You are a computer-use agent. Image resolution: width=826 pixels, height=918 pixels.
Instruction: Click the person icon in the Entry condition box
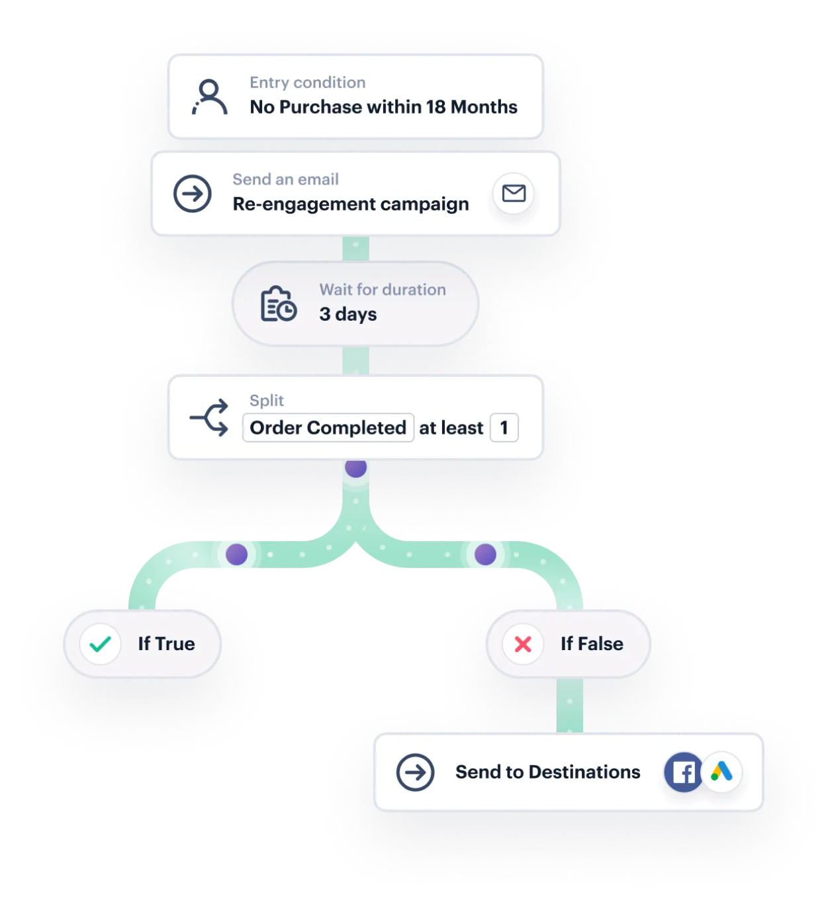[210, 97]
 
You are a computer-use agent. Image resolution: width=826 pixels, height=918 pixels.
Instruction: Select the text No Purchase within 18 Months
[383, 107]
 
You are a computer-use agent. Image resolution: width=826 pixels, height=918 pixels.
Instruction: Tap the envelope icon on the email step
[514, 193]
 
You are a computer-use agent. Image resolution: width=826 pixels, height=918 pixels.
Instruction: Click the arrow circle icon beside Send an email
[193, 194]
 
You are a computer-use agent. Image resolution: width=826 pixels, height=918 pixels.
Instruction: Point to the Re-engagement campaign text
[350, 204]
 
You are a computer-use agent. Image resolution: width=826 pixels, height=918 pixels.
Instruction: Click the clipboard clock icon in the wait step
[278, 304]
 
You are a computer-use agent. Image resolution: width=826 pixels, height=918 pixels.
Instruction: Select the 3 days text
[347, 314]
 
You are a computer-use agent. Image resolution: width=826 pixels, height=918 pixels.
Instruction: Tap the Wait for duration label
[383, 290]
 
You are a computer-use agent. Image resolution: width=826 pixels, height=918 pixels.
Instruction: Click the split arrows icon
[209, 417]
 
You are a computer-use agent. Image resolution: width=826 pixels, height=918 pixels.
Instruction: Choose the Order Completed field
[328, 428]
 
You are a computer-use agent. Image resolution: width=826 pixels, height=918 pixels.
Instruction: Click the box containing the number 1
[504, 428]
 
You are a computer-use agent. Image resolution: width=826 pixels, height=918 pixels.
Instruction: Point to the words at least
[451, 429]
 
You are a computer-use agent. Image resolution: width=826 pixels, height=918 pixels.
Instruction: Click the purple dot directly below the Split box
[355, 468]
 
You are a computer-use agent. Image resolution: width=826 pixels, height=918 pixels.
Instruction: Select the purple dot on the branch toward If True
[236, 554]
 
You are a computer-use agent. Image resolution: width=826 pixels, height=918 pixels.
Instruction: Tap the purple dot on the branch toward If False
[485, 554]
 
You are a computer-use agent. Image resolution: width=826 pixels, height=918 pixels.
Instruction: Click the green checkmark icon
[100, 644]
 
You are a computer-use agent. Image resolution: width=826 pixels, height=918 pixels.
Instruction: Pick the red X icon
[523, 644]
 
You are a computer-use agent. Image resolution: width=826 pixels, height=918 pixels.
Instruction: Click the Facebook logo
[684, 772]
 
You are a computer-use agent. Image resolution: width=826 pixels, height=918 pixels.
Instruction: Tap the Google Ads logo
[721, 771]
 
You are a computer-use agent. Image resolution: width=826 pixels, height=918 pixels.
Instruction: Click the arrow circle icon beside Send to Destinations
[416, 772]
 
